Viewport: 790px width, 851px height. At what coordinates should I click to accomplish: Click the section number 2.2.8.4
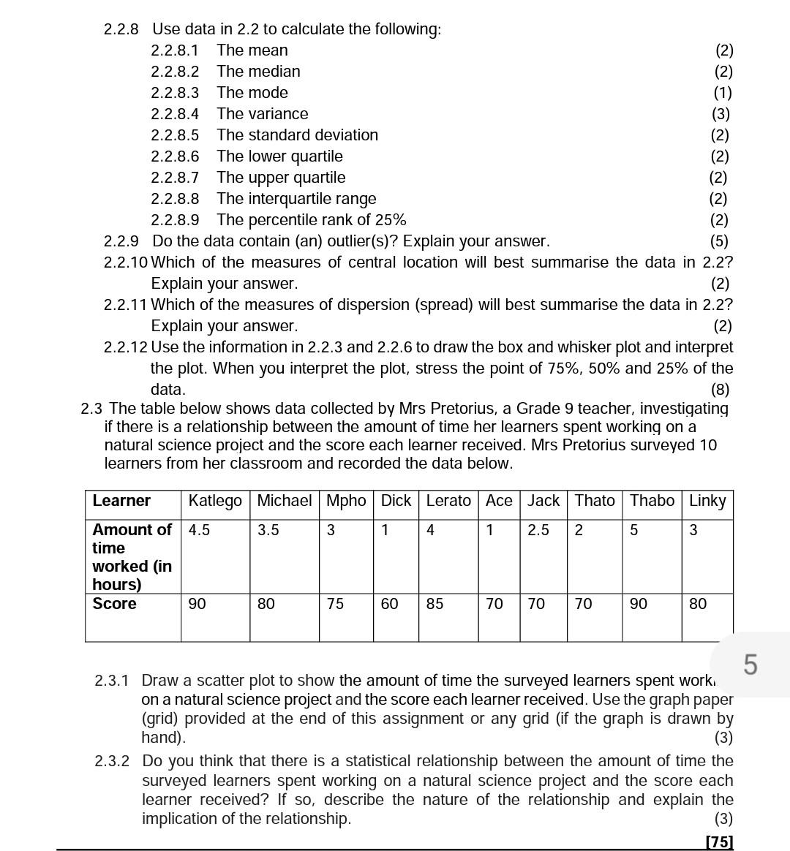click(x=174, y=114)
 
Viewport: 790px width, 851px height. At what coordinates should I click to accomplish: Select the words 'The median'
click(x=258, y=72)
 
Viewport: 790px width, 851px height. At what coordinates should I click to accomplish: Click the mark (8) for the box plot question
click(x=719, y=390)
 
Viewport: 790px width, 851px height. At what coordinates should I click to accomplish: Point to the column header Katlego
click(x=214, y=501)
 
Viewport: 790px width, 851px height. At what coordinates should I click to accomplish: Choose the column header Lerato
click(x=448, y=501)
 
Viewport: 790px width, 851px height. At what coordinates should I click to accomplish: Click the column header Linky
click(x=707, y=501)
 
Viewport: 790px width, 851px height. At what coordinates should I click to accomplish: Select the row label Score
click(x=114, y=604)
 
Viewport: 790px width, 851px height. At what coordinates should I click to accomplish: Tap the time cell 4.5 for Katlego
click(x=199, y=530)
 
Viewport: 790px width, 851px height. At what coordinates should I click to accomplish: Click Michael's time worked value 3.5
click(x=268, y=530)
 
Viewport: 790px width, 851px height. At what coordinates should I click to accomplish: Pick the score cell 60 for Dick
click(x=389, y=604)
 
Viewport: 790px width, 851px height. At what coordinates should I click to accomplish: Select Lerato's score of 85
click(x=434, y=604)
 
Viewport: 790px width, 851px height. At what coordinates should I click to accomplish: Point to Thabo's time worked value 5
click(x=633, y=530)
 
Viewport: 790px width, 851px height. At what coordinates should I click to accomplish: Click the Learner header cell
click(x=121, y=501)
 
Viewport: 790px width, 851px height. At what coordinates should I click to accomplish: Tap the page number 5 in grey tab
click(x=750, y=665)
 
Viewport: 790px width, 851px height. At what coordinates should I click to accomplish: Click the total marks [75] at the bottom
click(x=719, y=841)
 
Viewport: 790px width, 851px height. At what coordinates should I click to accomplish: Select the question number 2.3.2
click(x=112, y=761)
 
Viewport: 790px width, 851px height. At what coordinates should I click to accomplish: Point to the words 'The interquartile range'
click(x=296, y=199)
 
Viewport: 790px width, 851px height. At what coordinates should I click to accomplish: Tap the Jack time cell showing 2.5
click(x=538, y=530)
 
